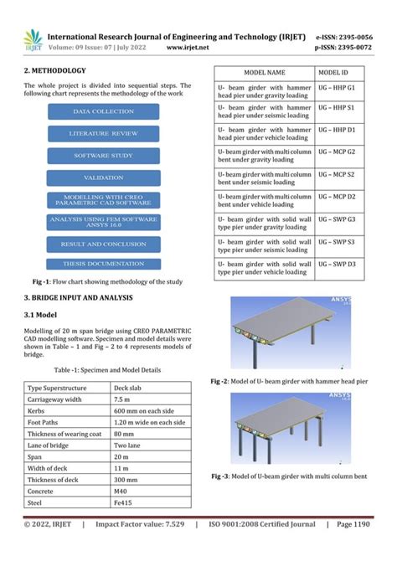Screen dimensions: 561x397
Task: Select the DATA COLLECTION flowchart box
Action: point(102,111)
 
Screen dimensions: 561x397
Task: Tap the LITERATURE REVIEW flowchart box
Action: point(102,133)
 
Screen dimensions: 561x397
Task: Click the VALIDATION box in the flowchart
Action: point(102,178)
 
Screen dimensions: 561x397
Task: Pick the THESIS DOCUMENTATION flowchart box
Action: point(102,265)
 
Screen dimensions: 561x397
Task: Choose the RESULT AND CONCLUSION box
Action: point(102,244)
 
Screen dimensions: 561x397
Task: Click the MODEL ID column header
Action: point(339,74)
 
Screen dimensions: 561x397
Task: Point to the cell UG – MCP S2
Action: point(339,177)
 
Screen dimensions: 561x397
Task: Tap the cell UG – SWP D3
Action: point(339,264)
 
